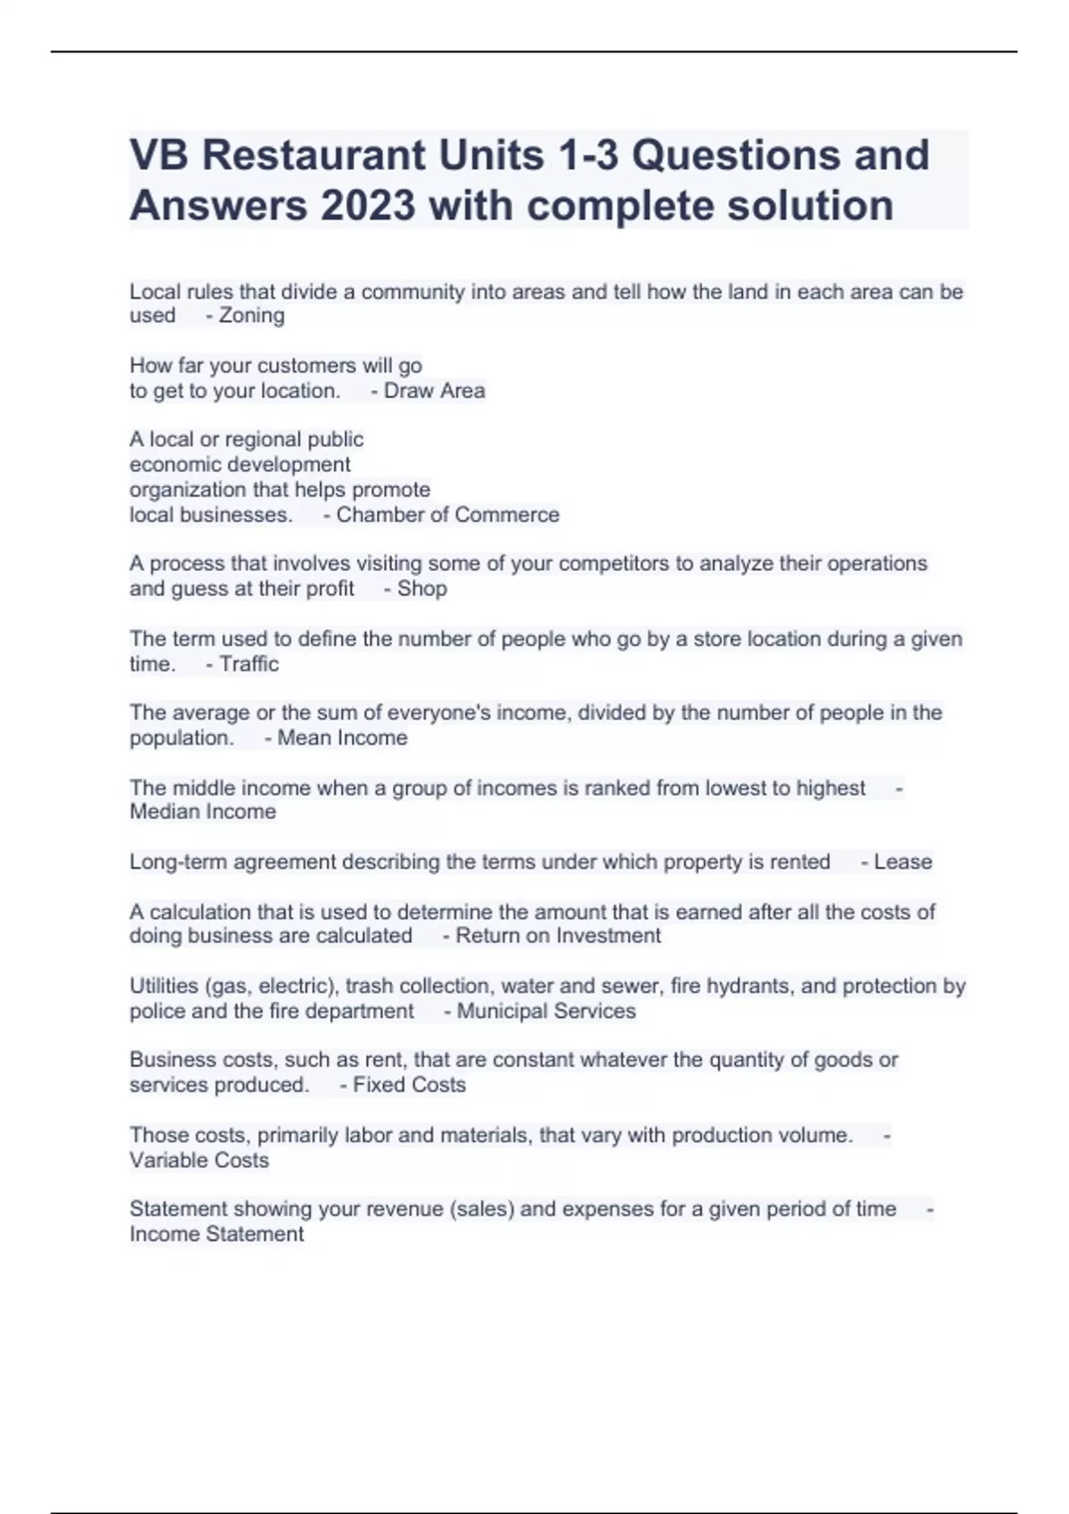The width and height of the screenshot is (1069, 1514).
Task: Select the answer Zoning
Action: coord(251,315)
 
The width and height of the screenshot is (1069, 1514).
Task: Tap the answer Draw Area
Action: coord(434,391)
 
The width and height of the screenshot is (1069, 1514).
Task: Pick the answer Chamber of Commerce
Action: coord(447,515)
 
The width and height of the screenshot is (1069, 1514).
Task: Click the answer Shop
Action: coord(421,589)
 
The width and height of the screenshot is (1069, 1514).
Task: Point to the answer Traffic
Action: coord(249,663)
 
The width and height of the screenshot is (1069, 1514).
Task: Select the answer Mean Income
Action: coord(342,737)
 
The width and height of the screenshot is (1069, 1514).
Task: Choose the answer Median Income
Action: coord(203,811)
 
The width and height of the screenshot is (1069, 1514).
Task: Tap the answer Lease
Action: coord(902,862)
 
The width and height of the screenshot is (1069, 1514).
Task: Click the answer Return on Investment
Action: coord(558,936)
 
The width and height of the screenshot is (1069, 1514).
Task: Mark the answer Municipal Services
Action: coord(546,1011)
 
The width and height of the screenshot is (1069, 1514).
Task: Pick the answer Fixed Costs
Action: coord(409,1085)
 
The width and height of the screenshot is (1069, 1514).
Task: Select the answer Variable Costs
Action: coord(200,1160)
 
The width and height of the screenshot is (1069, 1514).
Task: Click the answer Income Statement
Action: coord(216,1234)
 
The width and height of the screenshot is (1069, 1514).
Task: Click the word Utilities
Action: coord(164,986)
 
